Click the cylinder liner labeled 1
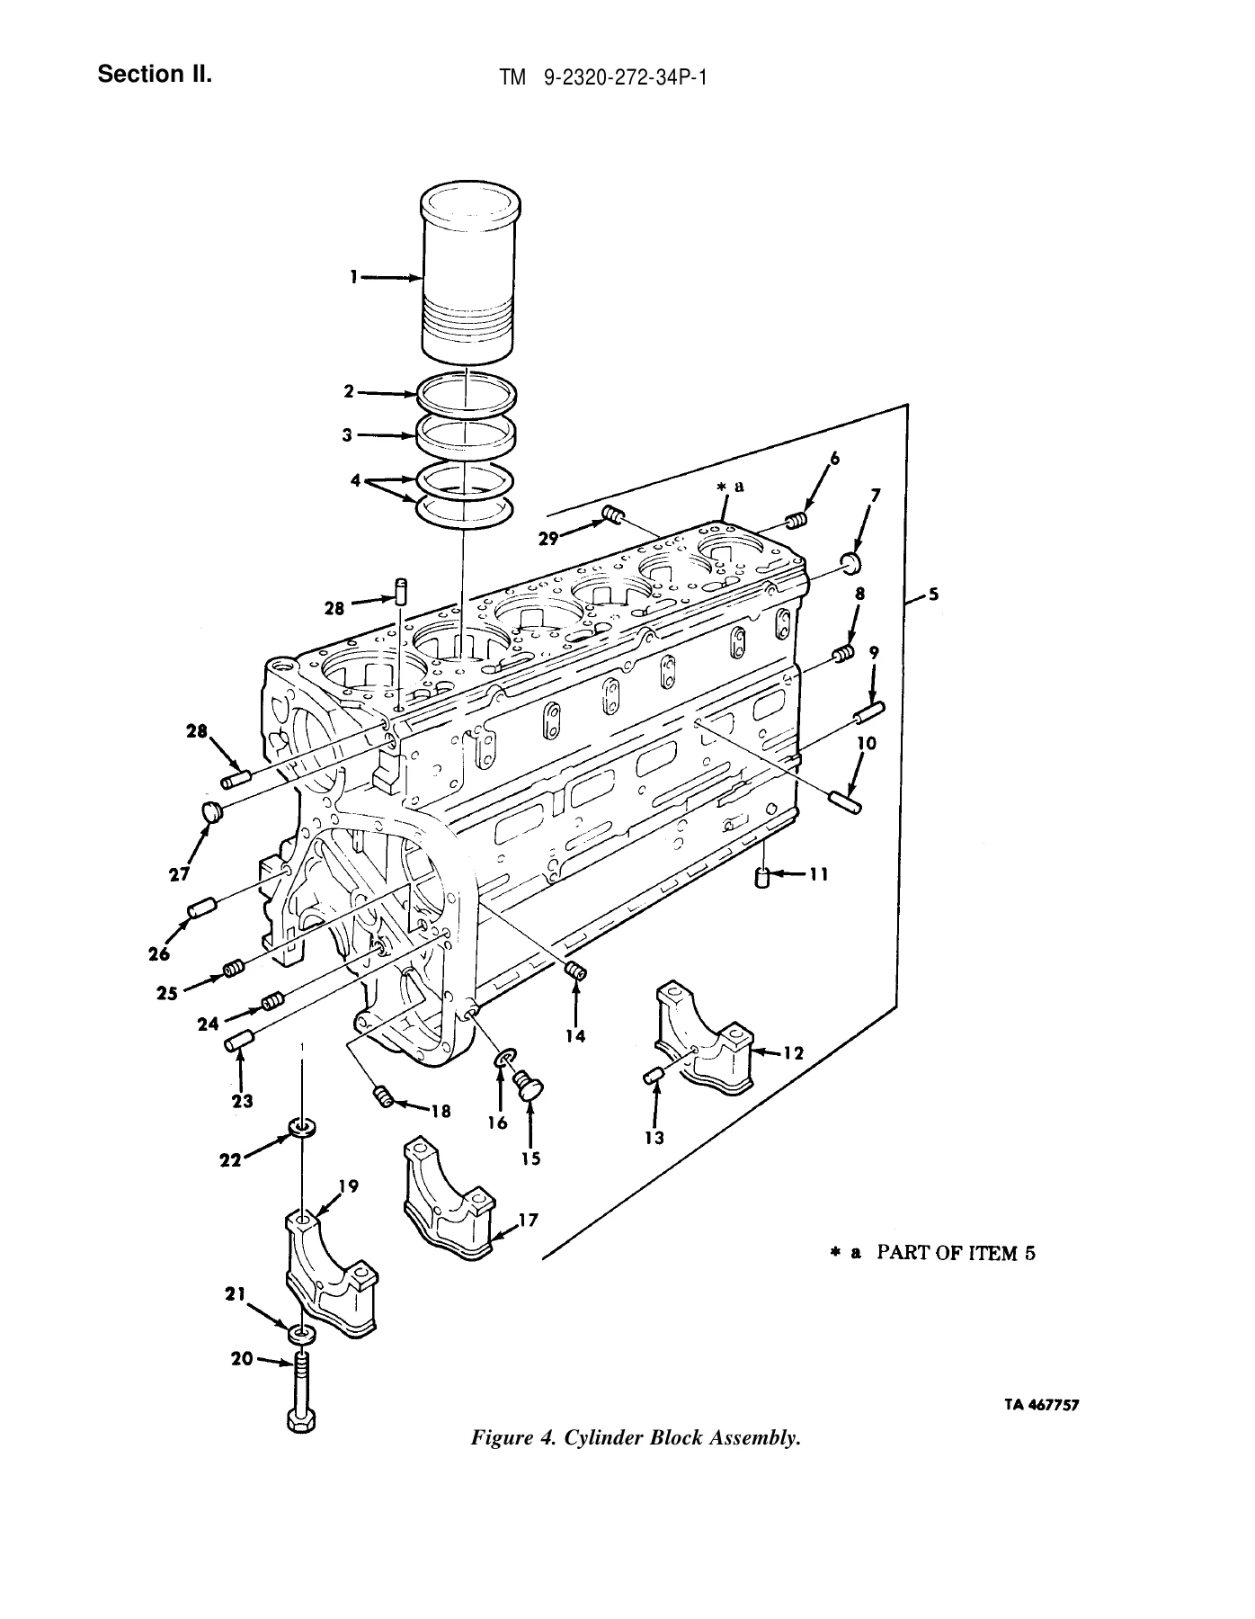pyautogui.click(x=468, y=274)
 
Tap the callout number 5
pyautogui.click(x=934, y=594)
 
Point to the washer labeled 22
pyautogui.click(x=301, y=1126)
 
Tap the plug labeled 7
pyautogui.click(x=850, y=564)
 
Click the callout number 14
pyautogui.click(x=575, y=1036)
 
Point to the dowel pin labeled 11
pyautogui.click(x=763, y=877)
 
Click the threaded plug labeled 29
pyautogui.click(x=613, y=515)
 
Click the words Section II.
pyautogui.click(x=156, y=74)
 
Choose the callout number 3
pyautogui.click(x=346, y=434)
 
